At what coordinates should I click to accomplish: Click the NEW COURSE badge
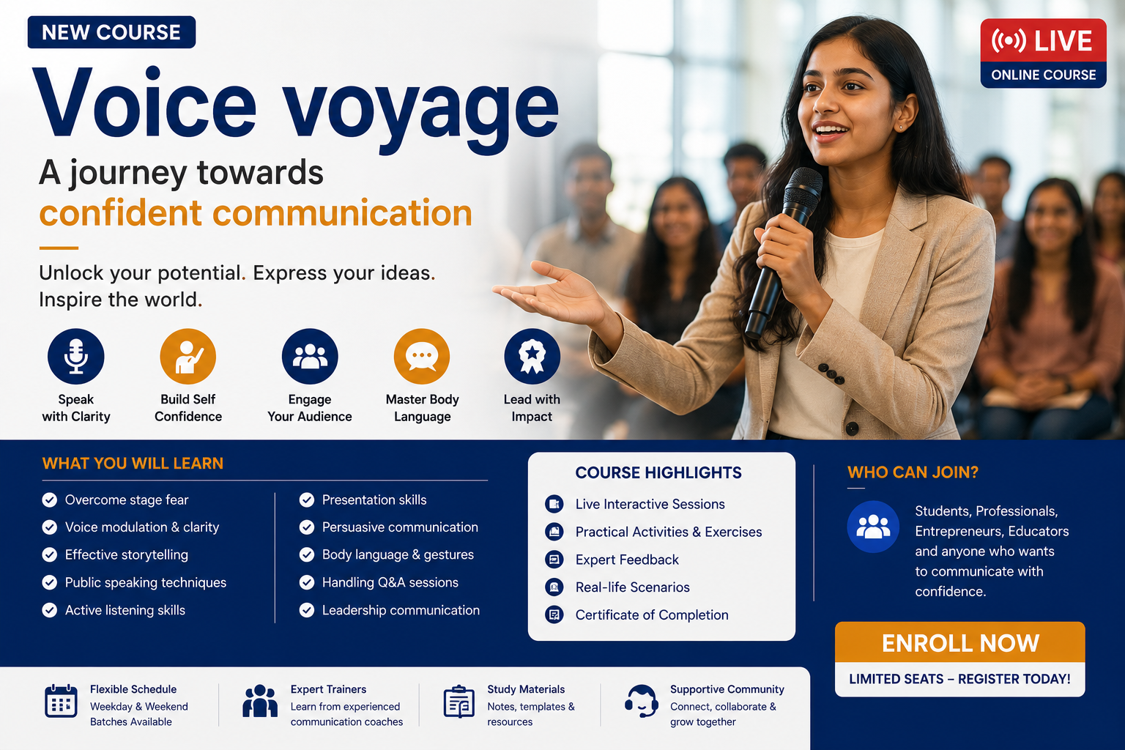tap(111, 32)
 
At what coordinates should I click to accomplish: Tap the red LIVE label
tap(1043, 41)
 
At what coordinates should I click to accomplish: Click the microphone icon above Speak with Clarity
tap(76, 356)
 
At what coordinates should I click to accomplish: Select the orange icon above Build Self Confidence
tap(187, 356)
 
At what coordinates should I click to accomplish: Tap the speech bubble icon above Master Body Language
tap(422, 356)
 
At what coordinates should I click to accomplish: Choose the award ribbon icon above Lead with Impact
tap(532, 356)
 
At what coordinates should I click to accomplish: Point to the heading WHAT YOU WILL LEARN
tap(133, 463)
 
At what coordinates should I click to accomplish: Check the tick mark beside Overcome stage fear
tap(49, 500)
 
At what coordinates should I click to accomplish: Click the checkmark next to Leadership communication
tap(307, 610)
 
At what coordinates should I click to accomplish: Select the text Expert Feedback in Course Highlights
tap(627, 560)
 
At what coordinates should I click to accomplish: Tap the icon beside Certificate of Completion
tap(554, 615)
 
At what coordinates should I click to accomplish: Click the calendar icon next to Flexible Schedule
tap(61, 701)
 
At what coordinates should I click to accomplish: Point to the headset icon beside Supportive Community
tap(642, 701)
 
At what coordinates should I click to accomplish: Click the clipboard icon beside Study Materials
tap(459, 701)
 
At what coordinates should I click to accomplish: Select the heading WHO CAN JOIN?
tap(913, 472)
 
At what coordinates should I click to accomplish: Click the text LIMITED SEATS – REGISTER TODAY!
tap(959, 679)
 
